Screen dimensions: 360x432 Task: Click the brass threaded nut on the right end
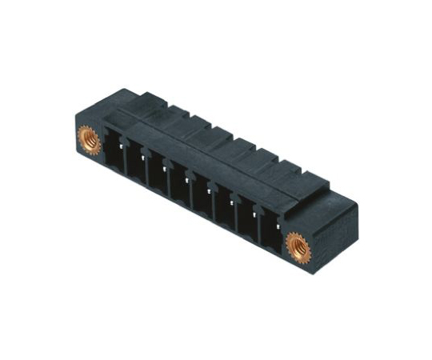[x=298, y=248]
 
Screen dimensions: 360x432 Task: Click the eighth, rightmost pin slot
[x=269, y=231]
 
